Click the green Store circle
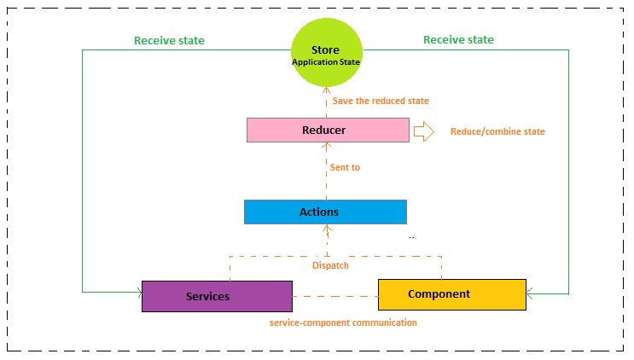point(327,54)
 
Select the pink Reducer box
point(328,131)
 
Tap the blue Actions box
point(325,212)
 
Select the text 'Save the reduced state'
point(381,102)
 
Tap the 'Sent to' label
point(345,168)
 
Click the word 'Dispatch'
point(330,265)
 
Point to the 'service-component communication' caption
point(343,323)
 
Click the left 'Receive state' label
point(169,40)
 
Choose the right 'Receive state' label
point(458,40)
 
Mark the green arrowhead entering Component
point(530,294)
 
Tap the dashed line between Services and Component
point(335,297)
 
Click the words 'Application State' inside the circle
point(327,62)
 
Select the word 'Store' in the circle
point(327,49)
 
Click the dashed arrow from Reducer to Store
point(328,102)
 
